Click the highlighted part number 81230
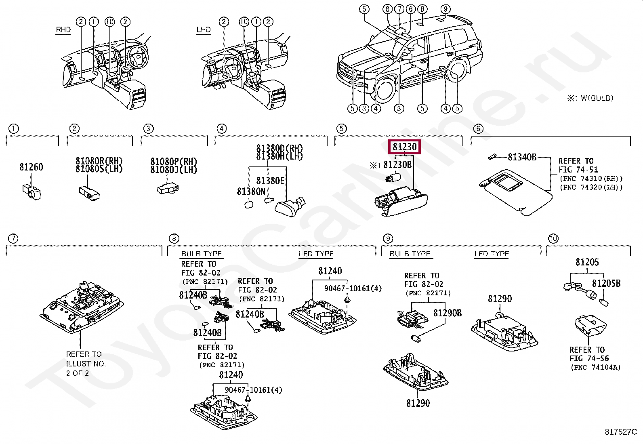404,147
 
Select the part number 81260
31,167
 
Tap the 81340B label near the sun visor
522,157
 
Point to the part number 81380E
270,181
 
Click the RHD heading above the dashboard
63,29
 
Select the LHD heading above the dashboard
204,29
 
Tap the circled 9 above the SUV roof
445,9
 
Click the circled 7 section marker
13,239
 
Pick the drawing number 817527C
620,432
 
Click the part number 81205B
606,284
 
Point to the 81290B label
447,313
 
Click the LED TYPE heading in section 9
492,254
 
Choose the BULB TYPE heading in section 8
202,254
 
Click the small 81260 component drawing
31,191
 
